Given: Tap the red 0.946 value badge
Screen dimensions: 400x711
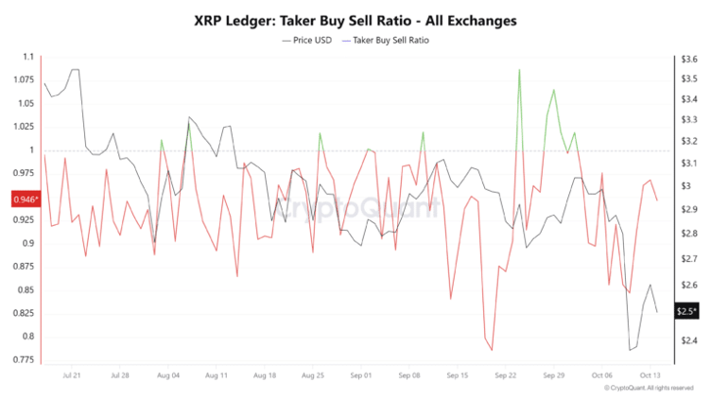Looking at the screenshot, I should pyautogui.click(x=25, y=200).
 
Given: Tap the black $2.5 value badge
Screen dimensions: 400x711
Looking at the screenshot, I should pyautogui.click(x=686, y=310).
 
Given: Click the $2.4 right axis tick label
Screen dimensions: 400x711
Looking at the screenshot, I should pyautogui.click(x=687, y=340).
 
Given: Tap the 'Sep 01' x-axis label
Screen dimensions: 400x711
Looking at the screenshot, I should pyautogui.click(x=360, y=374).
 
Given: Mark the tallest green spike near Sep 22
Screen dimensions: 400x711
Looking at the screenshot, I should pyautogui.click(x=519, y=70).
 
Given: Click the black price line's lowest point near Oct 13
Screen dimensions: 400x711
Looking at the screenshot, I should pyautogui.click(x=630, y=350).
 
